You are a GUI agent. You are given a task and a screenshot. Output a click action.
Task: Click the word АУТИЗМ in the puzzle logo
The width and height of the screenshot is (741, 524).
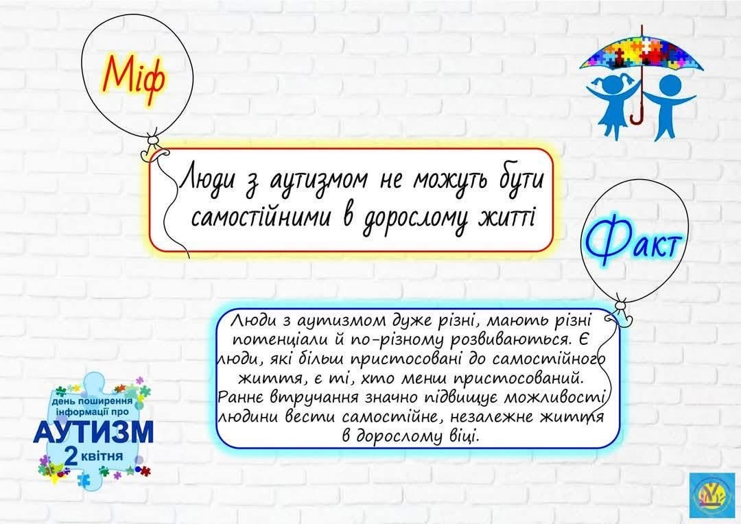(x=93, y=431)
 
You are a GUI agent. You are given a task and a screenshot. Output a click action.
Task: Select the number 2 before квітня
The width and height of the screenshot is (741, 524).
(x=71, y=456)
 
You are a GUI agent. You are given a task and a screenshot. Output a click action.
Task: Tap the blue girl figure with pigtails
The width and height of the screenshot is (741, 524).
(x=613, y=105)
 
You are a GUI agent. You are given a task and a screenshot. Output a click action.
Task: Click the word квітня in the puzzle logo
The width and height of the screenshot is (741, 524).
(x=102, y=456)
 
